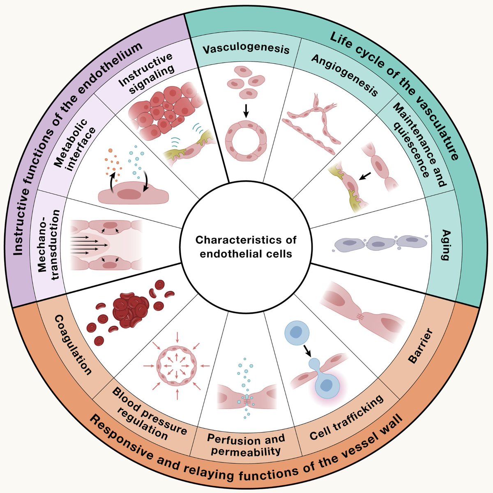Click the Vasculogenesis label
click(246, 49)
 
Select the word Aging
click(446, 245)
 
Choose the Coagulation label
click(73, 345)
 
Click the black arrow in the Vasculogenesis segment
click(246, 111)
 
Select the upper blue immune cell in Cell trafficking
click(297, 333)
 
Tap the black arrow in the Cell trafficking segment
click(307, 351)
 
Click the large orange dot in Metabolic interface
click(110, 150)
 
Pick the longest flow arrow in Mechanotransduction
click(89, 245)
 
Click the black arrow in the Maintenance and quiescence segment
click(364, 176)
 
